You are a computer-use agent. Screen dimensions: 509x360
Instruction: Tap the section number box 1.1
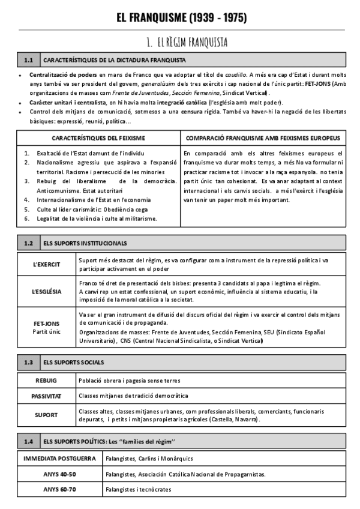pyautogui.click(x=28, y=60)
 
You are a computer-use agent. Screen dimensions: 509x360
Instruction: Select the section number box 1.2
pyautogui.click(x=28, y=243)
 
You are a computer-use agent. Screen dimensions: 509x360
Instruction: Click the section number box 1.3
pyautogui.click(x=28, y=362)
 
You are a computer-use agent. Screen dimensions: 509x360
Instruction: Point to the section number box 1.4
pyautogui.click(x=28, y=442)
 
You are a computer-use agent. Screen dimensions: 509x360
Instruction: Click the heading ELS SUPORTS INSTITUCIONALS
pyautogui.click(x=85, y=243)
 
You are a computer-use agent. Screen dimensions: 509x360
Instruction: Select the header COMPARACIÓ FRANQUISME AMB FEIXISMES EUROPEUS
pyautogui.click(x=263, y=138)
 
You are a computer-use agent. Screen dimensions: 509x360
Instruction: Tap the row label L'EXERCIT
pyautogui.click(x=46, y=264)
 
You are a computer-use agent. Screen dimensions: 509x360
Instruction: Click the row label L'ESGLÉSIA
pyautogui.click(x=46, y=291)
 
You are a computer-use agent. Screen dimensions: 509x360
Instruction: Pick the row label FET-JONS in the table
pyautogui.click(x=46, y=324)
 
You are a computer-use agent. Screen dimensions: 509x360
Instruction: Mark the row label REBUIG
pyautogui.click(x=46, y=380)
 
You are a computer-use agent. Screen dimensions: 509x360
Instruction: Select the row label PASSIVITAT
pyautogui.click(x=46, y=396)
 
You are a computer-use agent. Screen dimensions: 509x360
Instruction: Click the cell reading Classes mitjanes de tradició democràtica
pyautogui.click(x=133, y=396)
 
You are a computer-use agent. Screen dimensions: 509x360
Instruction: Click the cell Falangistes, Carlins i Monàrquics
pyautogui.click(x=136, y=459)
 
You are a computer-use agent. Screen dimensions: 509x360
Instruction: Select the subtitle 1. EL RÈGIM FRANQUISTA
pyautogui.click(x=186, y=42)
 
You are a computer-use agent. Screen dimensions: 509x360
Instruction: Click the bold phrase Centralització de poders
pyautogui.click(x=54, y=75)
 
